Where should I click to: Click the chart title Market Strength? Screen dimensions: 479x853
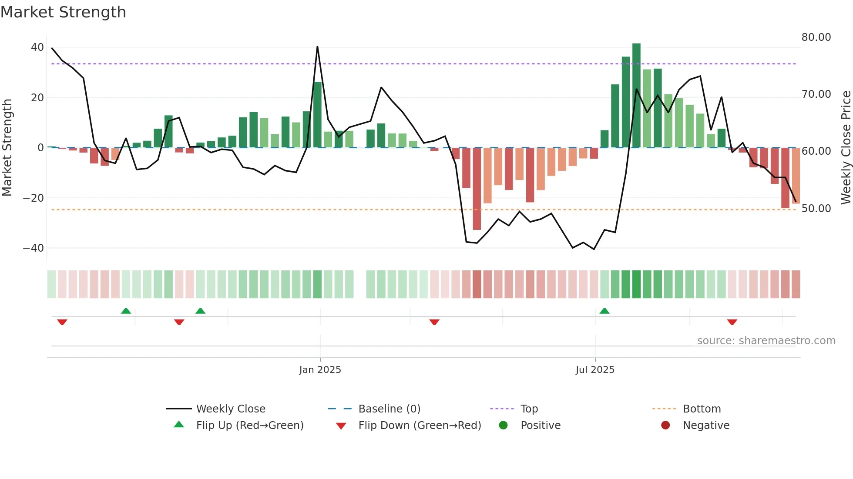tap(63, 12)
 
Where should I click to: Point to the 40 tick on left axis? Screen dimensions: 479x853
tap(37, 47)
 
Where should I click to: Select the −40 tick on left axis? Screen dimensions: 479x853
tap(34, 248)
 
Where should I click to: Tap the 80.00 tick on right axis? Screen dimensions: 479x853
tap(816, 37)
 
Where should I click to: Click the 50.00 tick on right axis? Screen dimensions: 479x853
tap(816, 208)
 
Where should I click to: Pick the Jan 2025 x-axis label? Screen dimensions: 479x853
tap(320, 369)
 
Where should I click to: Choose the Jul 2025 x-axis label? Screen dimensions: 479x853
tap(594, 369)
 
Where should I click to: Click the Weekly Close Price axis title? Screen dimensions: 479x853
tap(846, 147)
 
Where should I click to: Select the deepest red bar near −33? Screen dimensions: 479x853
tap(477, 189)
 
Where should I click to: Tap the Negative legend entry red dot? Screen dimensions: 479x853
tap(665, 425)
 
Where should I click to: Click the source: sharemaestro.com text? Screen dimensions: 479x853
tap(766, 340)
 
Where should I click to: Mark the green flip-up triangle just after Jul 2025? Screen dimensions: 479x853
tap(604, 311)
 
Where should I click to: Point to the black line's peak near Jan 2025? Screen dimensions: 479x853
tap(317, 47)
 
